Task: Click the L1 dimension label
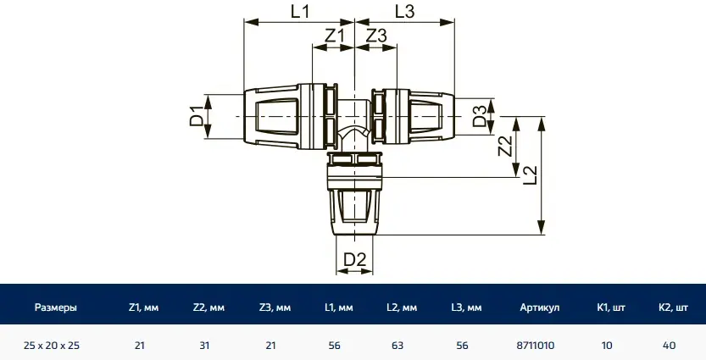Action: pyautogui.click(x=300, y=11)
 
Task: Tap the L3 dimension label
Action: pyautogui.click(x=404, y=11)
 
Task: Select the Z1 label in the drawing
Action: pyautogui.click(x=334, y=36)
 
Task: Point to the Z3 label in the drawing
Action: pyautogui.click(x=376, y=36)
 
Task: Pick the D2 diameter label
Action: pyautogui.click(x=355, y=259)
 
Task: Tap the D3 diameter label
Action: pyautogui.click(x=480, y=116)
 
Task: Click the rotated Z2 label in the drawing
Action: pyautogui.click(x=506, y=147)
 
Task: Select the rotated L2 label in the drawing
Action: pyautogui.click(x=531, y=175)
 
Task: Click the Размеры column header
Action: pyautogui.click(x=56, y=307)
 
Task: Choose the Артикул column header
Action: pyautogui.click(x=539, y=307)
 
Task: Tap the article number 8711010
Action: pyautogui.click(x=536, y=346)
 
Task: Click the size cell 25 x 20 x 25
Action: pyautogui.click(x=52, y=346)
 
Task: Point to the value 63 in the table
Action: pyautogui.click(x=397, y=346)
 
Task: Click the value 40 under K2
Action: pyautogui.click(x=670, y=346)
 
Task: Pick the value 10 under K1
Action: pyautogui.click(x=607, y=346)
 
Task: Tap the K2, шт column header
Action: pyautogui.click(x=673, y=307)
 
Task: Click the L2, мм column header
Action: pyautogui.click(x=402, y=307)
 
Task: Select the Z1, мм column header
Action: pyautogui.click(x=143, y=307)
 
